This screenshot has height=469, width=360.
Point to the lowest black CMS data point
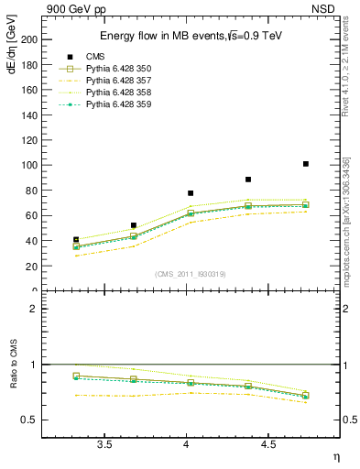76,240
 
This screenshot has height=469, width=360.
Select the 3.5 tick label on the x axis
104,445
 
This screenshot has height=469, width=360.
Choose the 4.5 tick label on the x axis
267,445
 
